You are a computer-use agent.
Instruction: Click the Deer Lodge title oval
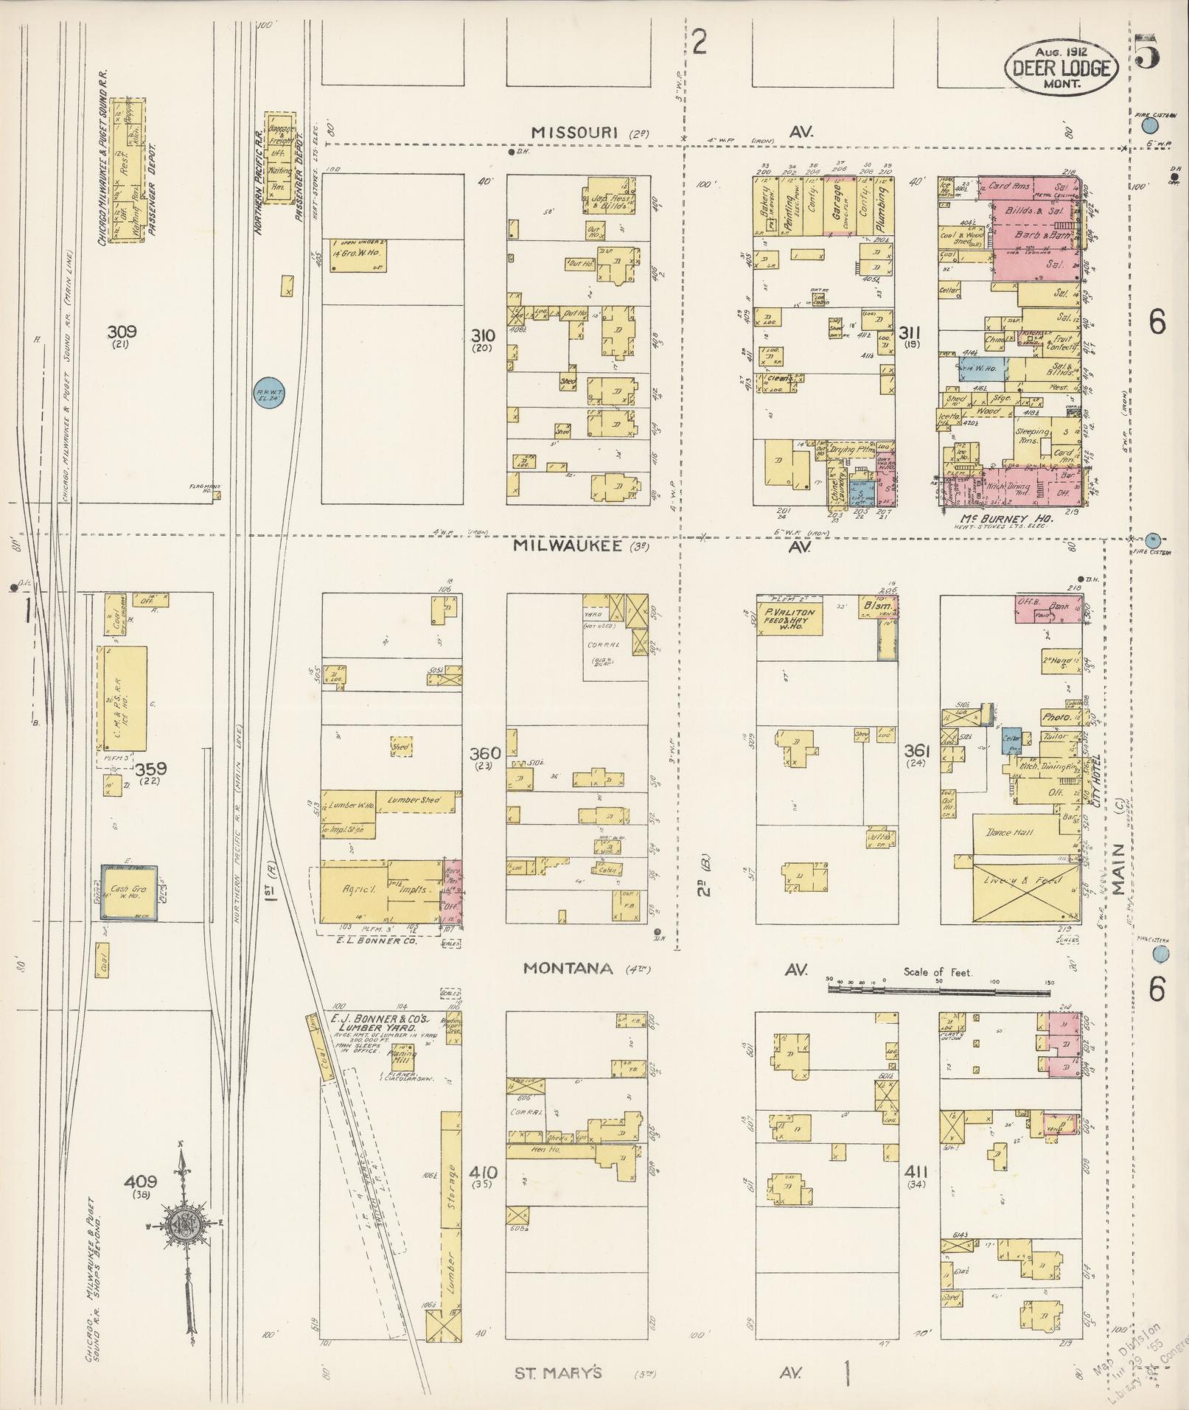(1061, 67)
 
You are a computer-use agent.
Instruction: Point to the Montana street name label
(568, 968)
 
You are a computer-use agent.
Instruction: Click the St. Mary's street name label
(558, 1373)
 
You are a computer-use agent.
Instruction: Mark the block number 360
(485, 753)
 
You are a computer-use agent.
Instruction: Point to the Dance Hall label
(1008, 833)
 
